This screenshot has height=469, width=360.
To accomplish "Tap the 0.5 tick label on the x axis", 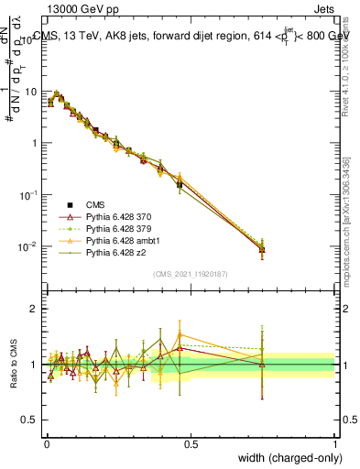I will (191, 442).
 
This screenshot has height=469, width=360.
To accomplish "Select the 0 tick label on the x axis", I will (46, 442).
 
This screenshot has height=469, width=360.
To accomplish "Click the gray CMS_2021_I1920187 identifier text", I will (191, 275).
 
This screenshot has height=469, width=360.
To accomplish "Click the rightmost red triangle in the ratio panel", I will (262, 365).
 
